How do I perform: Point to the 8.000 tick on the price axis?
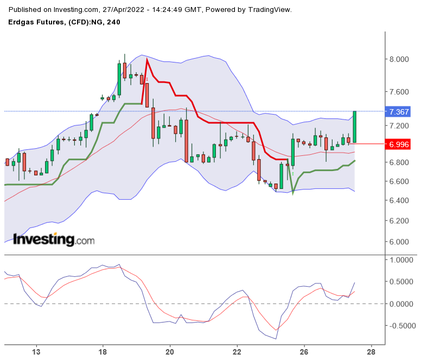point(400,59)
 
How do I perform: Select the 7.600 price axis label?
point(400,92)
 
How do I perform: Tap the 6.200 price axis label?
point(400,221)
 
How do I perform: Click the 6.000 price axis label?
point(400,242)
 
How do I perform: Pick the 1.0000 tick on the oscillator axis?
point(402,260)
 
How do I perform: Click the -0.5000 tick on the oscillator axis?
point(401,326)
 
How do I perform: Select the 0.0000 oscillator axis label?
point(402,304)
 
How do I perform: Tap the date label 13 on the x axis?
point(37,351)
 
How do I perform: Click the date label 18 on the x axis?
point(102,351)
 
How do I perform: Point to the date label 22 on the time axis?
point(237,351)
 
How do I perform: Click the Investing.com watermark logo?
point(53,239)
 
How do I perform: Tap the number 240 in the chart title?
point(113,22)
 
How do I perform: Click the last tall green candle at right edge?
point(354,127)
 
